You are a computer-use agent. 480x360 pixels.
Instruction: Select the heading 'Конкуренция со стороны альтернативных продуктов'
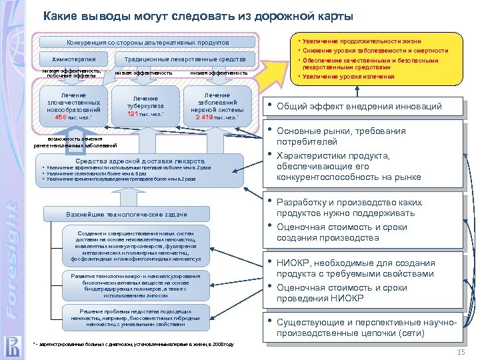(147, 42)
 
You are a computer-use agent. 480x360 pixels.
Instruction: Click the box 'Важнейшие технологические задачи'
(126, 214)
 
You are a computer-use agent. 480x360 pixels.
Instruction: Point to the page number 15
(460, 351)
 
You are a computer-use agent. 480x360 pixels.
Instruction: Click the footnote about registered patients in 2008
(133, 345)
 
